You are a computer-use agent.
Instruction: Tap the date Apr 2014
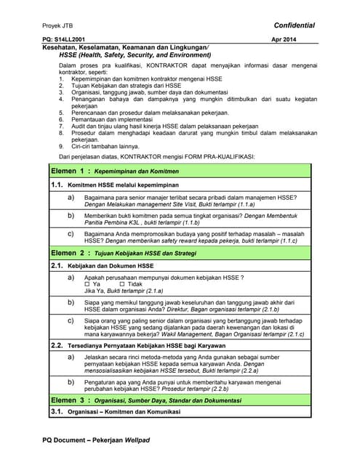point(284,39)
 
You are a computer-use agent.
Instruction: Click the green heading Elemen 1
point(71,171)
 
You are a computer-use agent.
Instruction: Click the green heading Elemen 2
point(71,253)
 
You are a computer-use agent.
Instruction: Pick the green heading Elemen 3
point(71,400)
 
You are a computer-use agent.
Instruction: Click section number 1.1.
point(58,185)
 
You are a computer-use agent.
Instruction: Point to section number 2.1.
point(58,267)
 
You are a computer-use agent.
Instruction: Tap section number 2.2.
point(58,345)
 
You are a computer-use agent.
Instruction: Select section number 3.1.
point(58,412)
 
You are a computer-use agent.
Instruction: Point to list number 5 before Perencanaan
point(62,112)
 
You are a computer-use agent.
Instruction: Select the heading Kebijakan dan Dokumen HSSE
point(115,267)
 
